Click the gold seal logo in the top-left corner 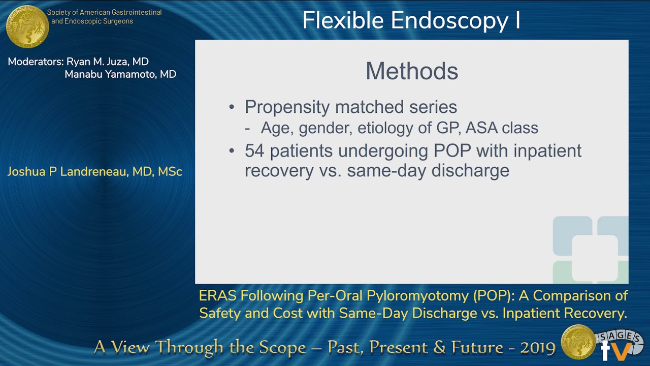point(27,26)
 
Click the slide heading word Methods point(412,71)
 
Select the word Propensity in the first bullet point(287,107)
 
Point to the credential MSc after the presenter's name point(170,172)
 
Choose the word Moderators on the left point(35,62)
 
